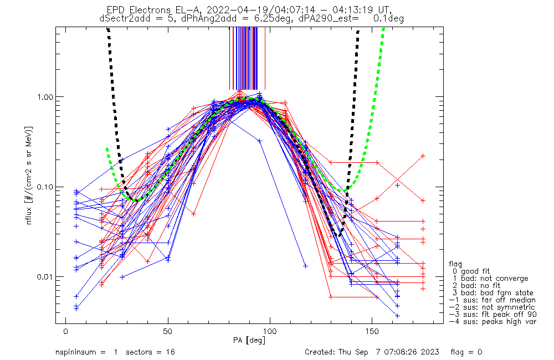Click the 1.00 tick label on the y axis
click(41, 96)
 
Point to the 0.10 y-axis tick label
click(41, 187)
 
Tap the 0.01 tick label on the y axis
click(41, 276)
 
